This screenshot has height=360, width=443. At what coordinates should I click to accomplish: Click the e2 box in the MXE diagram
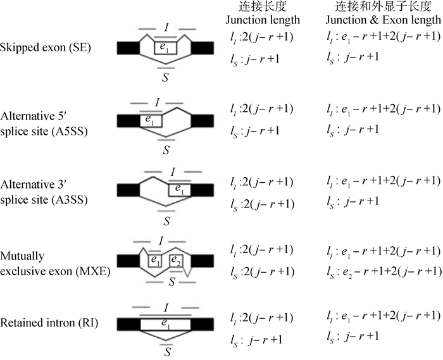[175, 259]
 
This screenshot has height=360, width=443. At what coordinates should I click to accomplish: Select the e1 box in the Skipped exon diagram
[165, 47]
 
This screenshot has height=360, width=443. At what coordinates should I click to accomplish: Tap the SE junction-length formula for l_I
[262, 37]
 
